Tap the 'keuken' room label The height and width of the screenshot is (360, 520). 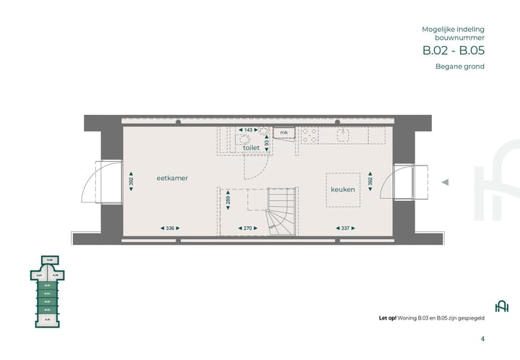pos(342,189)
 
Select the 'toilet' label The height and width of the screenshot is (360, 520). pos(251,147)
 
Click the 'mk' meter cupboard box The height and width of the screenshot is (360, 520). pos(284,133)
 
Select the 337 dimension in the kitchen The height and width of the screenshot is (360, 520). pos(344,228)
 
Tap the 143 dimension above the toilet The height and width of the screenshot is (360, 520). pos(248,130)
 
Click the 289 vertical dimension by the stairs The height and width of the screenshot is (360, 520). pos(229,203)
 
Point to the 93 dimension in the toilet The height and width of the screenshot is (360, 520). pos(266,143)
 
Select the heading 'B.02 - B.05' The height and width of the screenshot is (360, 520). pos(453,51)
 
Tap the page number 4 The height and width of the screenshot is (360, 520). pos(482,338)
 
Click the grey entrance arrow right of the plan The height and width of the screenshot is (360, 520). pos(446,183)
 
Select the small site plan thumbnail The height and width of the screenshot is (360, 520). pos(49,289)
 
